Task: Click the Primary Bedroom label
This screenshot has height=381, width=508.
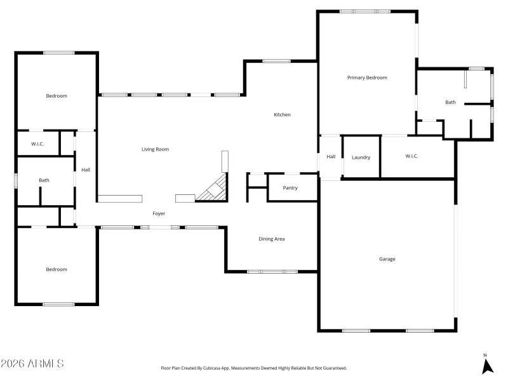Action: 367,77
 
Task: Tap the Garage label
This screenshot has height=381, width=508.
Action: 387,259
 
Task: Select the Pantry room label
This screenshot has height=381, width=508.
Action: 290,188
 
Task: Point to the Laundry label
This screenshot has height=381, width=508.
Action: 361,157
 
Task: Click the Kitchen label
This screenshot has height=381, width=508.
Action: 282,115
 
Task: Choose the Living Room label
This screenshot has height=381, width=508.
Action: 155,149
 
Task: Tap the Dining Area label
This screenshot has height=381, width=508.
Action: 271,239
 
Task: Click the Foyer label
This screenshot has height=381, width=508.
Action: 159,213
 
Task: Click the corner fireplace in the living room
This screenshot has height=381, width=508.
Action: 213,190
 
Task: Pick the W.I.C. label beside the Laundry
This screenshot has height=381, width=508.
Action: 411,156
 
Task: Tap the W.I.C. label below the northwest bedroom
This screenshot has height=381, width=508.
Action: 37,144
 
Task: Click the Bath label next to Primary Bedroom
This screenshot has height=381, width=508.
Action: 450,102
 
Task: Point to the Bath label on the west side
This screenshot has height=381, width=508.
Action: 44,180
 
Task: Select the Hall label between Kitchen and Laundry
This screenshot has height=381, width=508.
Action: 331,157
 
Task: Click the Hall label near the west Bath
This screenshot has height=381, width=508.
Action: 86,170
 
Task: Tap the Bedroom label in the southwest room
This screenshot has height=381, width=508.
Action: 56,269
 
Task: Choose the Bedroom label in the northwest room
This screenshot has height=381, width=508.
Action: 56,96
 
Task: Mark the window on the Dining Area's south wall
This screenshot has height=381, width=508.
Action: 272,272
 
